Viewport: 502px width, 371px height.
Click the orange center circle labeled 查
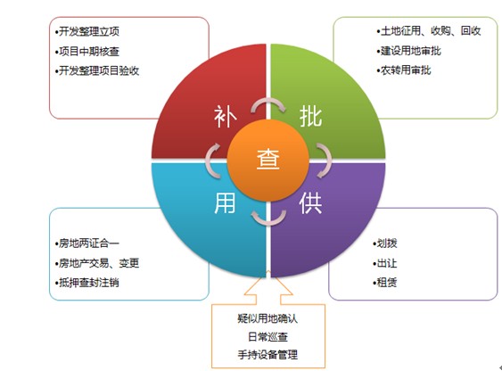pos(268,161)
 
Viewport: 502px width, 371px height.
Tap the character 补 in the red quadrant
pos(225,116)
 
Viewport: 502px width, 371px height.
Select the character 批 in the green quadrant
pos(310,116)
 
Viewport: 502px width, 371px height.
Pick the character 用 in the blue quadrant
pos(225,203)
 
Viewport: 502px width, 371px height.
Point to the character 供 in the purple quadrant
pos(310,203)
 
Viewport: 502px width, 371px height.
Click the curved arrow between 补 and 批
pos(268,103)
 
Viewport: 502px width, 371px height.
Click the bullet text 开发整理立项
pos(87,31)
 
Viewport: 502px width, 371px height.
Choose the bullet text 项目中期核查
pos(87,51)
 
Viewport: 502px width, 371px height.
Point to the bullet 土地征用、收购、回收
pos(429,30)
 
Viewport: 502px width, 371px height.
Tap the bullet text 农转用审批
pos(404,70)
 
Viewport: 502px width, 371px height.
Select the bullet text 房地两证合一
pos(87,243)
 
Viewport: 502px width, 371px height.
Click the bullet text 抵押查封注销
pos(87,283)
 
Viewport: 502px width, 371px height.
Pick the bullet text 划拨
pos(385,243)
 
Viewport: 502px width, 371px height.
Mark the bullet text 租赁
pos(385,283)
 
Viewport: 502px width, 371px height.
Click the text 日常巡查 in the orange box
pos(268,337)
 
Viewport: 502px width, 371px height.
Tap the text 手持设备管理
pos(267,355)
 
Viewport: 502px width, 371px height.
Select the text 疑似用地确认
pos(267,318)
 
